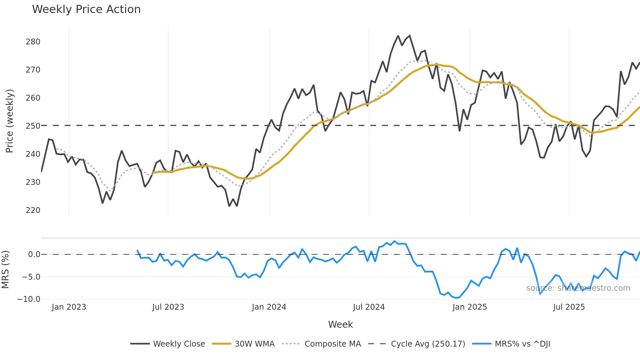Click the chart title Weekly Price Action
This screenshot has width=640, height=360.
(86, 9)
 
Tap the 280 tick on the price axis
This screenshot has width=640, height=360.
(33, 42)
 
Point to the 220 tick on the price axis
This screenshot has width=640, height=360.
(33, 210)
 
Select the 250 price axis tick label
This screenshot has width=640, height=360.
(33, 126)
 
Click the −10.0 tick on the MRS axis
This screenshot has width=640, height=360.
(29, 299)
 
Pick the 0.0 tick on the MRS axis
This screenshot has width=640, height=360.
(34, 254)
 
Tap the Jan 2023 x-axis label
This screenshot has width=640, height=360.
(69, 307)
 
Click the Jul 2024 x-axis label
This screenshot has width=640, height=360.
(369, 307)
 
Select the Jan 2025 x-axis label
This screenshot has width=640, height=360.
(470, 307)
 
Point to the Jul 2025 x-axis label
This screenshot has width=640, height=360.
(569, 307)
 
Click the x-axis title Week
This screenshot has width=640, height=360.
(340, 324)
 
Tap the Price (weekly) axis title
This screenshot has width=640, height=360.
(9, 121)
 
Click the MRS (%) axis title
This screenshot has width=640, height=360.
(5, 270)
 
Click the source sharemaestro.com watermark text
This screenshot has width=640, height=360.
(578, 288)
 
